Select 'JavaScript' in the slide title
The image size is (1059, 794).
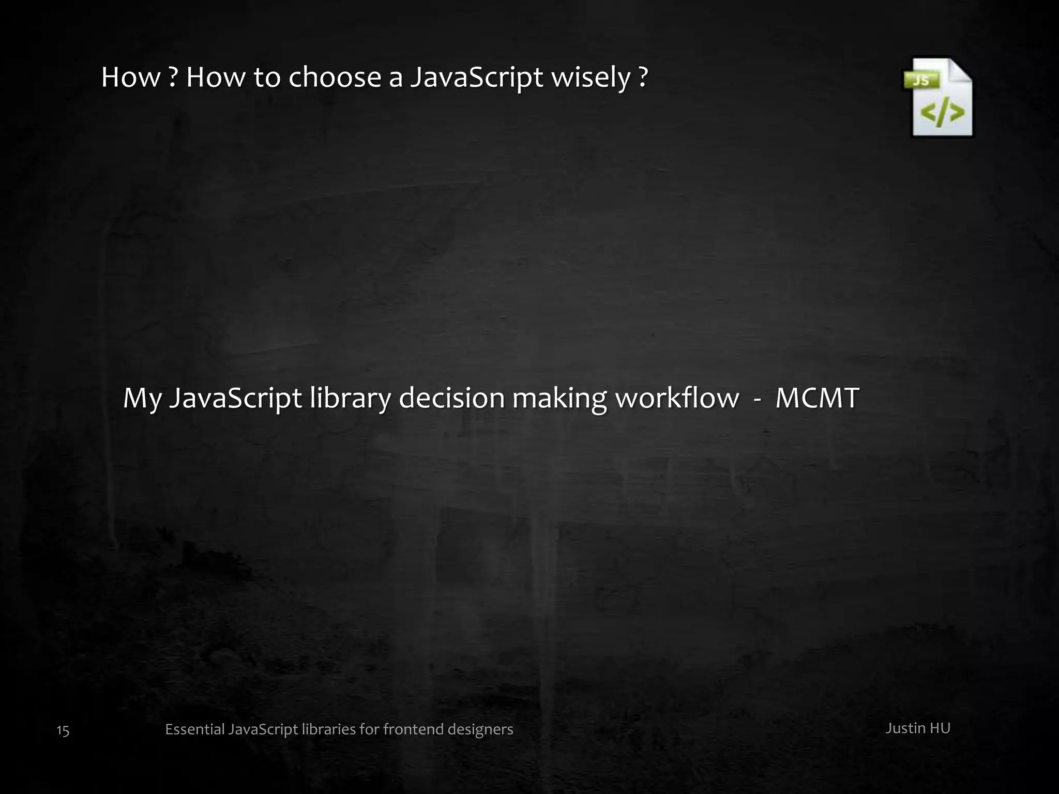point(476,78)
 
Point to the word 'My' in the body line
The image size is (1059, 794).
point(142,399)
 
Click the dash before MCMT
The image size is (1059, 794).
point(757,399)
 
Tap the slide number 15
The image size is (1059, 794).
point(63,730)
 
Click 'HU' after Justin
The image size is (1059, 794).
point(940,728)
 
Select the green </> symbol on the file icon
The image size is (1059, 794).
point(943,113)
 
